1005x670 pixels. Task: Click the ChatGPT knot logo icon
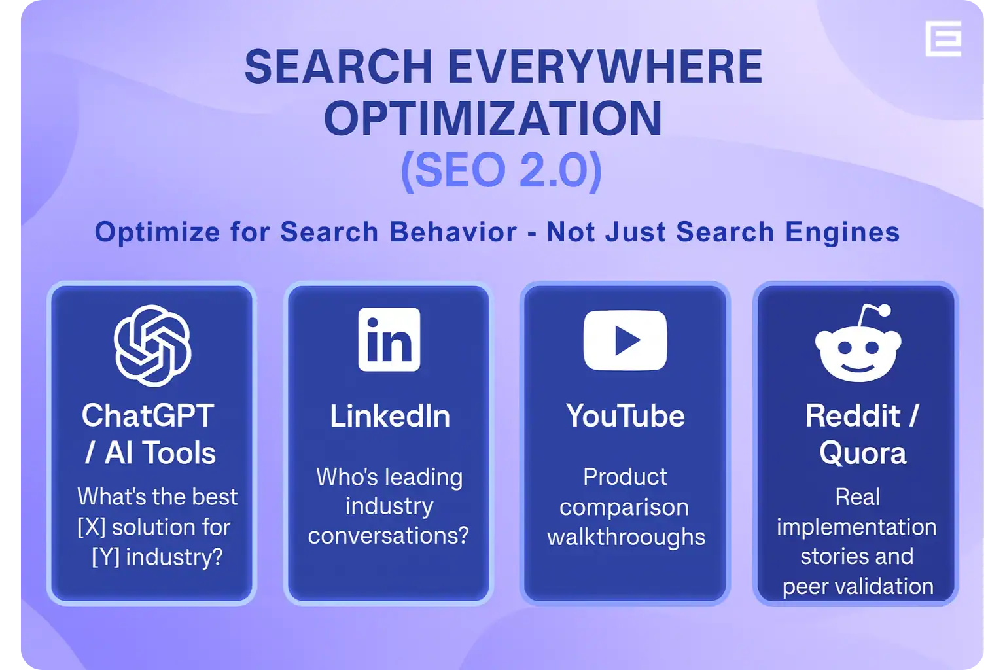[152, 345]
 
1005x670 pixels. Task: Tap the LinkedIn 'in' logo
[389, 340]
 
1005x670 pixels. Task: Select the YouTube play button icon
[625, 340]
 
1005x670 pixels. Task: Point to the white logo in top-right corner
[943, 39]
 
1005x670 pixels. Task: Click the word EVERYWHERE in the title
[605, 67]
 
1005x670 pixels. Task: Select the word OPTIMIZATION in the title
[493, 118]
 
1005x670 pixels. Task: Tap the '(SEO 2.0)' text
[501, 170]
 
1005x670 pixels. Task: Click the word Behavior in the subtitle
[453, 232]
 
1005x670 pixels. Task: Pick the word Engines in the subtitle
[843, 233]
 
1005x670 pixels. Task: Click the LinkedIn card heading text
[390, 416]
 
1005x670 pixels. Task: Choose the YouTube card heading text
[626, 415]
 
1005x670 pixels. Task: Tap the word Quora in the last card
[862, 453]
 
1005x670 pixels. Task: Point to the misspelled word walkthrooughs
[626, 537]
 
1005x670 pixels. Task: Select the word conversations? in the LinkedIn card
[389, 535]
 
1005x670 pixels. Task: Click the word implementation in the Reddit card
[856, 527]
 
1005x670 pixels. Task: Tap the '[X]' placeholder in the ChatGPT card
[92, 527]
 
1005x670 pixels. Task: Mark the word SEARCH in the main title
[338, 67]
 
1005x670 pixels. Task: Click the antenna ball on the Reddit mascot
[885, 310]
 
